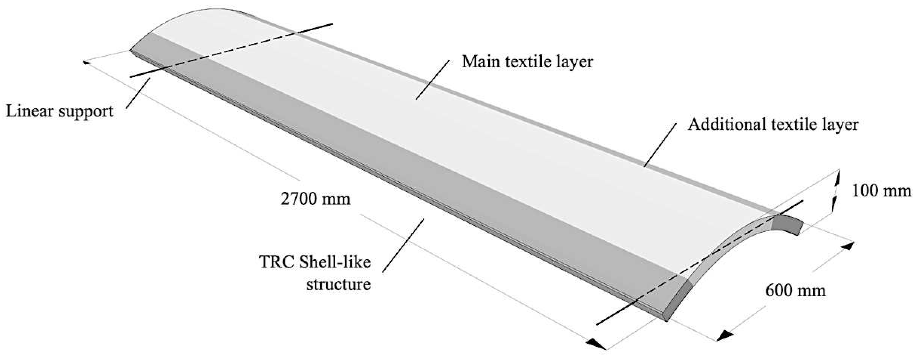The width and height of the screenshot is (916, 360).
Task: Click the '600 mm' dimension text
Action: (x=795, y=291)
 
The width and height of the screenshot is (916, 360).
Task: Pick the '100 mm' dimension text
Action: (x=881, y=191)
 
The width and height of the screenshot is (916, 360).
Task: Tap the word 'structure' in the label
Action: (x=339, y=285)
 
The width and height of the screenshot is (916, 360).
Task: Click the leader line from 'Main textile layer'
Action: (x=432, y=79)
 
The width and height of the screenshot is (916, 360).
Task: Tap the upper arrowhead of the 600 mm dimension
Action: (x=847, y=246)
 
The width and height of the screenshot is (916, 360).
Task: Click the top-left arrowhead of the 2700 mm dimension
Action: (x=86, y=63)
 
